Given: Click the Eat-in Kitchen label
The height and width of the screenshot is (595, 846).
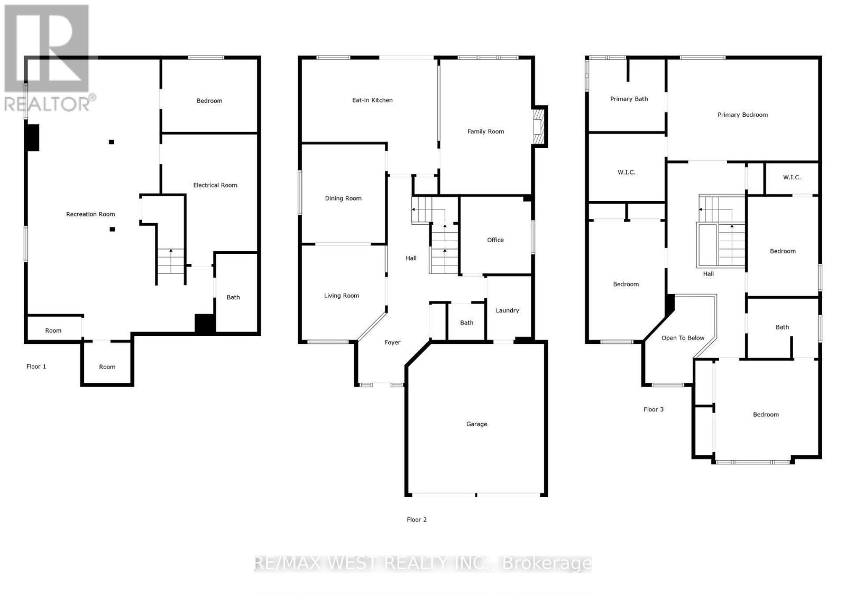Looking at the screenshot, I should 372,100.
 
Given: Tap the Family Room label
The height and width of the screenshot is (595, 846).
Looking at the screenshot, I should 485,131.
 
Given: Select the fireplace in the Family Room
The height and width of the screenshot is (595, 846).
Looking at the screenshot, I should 538,126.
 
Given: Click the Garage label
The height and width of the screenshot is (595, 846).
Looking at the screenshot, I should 476,424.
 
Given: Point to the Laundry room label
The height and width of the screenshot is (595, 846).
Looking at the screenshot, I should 507,310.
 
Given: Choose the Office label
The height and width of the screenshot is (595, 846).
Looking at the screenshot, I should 495,240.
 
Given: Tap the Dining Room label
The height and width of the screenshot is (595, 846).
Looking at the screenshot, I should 343,198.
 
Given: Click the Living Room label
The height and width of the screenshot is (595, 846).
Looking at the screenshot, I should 342,296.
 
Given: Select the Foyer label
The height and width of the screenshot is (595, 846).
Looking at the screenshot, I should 392,342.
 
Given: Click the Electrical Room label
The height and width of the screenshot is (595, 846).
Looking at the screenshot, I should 215,185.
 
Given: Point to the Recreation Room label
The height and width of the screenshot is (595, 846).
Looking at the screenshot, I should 90,214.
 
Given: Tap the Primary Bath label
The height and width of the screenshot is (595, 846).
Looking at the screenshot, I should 629,99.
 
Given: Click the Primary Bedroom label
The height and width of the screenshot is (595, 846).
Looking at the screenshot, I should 742,115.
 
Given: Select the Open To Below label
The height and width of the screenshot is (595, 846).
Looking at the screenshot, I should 683,338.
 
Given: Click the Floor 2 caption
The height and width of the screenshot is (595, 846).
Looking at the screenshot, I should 417,519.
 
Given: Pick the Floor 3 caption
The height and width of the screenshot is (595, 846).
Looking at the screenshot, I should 654,409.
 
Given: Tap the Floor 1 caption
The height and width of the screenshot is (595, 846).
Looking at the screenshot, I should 36,367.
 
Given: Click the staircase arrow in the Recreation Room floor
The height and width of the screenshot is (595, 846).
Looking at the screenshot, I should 170,253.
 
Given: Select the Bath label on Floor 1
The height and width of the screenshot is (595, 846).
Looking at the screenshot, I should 233,297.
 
